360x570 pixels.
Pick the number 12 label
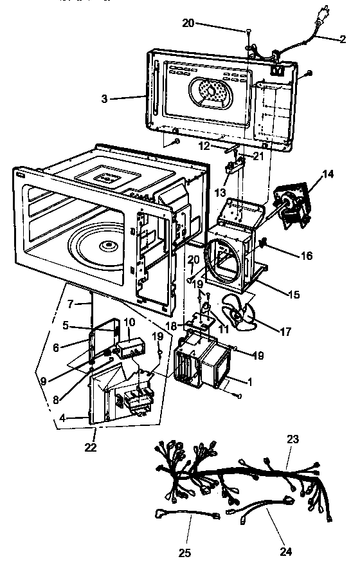click(203, 147)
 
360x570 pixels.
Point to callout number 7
click(72, 302)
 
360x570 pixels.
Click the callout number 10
click(128, 321)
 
